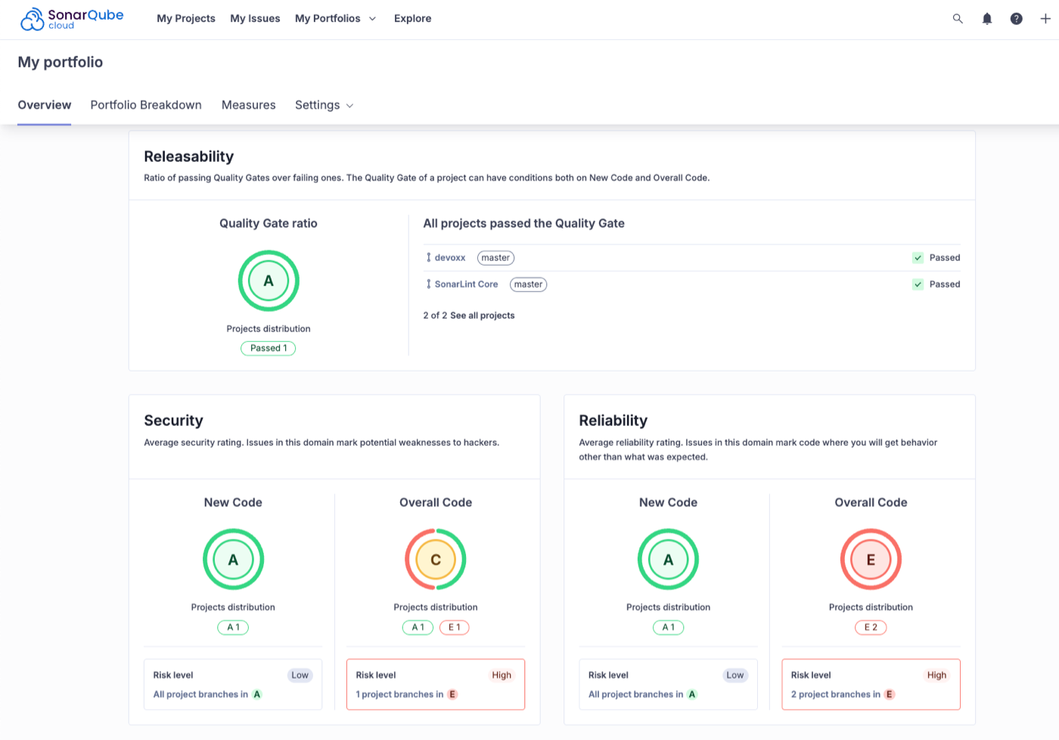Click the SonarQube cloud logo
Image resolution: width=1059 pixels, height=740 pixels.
[x=72, y=19]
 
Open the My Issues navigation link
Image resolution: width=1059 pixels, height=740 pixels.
[x=255, y=18]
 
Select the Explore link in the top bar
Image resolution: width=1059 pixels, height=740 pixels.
[x=412, y=18]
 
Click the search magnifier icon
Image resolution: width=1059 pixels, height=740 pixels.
[x=958, y=18]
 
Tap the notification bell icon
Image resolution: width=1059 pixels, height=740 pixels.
[x=987, y=18]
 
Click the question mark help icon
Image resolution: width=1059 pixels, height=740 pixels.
[x=1017, y=18]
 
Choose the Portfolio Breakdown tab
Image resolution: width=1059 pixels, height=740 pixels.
[x=146, y=105]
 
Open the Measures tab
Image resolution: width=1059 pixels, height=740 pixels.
[x=248, y=105]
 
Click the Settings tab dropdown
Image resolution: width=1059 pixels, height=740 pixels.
[x=324, y=105]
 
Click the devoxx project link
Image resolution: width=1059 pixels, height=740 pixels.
[x=449, y=258]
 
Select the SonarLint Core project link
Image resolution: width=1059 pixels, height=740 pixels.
[x=466, y=284]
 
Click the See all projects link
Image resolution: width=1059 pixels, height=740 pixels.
[x=482, y=316]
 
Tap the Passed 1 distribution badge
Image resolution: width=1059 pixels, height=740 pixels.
[x=269, y=348]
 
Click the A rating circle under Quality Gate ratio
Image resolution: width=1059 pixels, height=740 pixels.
[x=269, y=281]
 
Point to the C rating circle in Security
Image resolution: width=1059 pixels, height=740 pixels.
[x=436, y=560]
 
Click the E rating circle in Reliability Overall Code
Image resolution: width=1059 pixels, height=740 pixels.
[x=871, y=560]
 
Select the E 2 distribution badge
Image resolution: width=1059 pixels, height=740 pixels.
[x=871, y=627]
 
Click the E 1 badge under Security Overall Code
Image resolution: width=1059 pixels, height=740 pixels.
[x=454, y=627]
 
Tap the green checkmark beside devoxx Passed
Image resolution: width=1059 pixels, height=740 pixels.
[x=918, y=258]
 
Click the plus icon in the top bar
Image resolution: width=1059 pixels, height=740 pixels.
[x=1045, y=18]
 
